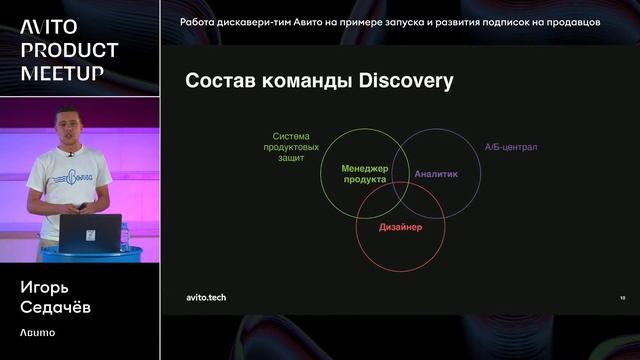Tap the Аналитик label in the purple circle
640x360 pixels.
click(x=436, y=174)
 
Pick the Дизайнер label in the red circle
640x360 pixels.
click(x=400, y=228)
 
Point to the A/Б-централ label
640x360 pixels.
click(x=511, y=147)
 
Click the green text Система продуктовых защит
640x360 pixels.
click(x=292, y=147)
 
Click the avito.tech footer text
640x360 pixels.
click(x=207, y=297)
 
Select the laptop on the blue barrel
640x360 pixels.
click(x=91, y=233)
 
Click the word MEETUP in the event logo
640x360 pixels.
click(x=62, y=73)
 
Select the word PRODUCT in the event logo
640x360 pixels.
click(x=70, y=50)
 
